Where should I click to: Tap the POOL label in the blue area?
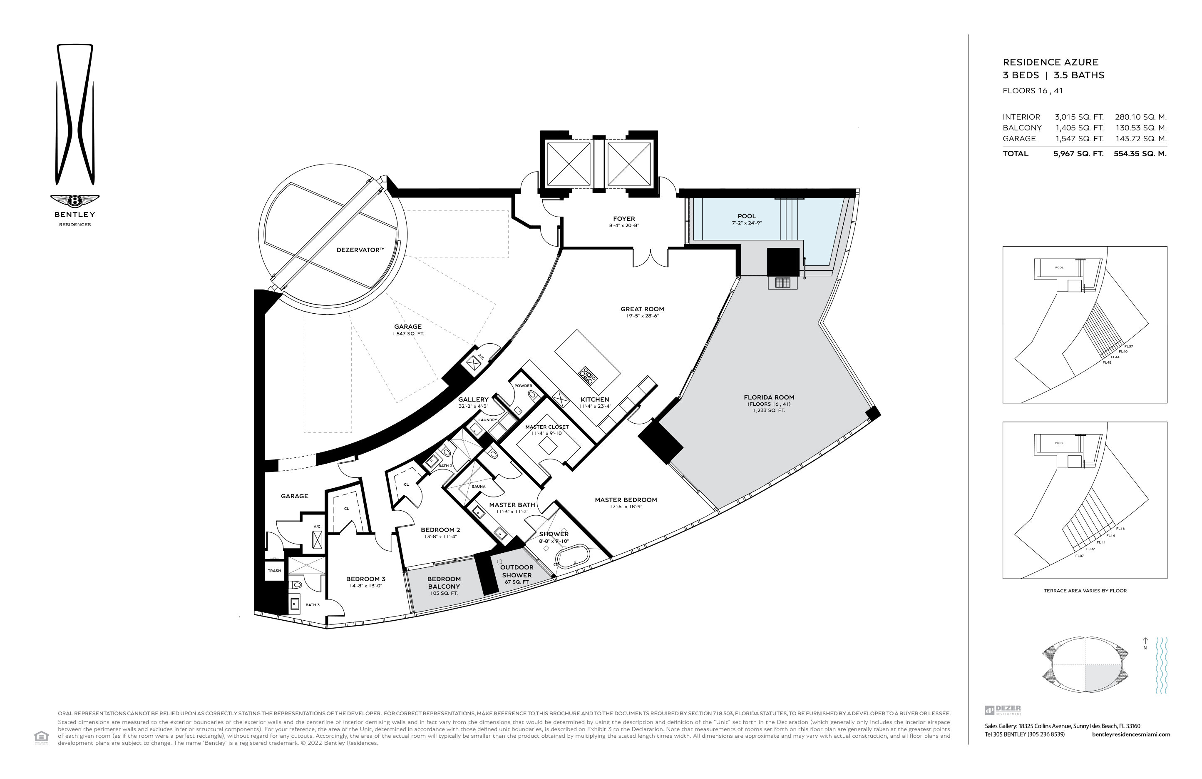click(746, 216)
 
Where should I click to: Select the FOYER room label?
click(624, 219)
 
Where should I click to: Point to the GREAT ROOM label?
click(642, 309)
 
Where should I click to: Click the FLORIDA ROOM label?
click(769, 397)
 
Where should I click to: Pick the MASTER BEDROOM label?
click(626, 500)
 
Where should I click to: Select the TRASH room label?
click(274, 571)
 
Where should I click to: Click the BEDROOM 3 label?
click(366, 579)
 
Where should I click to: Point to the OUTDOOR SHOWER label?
click(517, 571)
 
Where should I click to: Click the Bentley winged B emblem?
click(75, 201)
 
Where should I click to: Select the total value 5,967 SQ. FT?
click(1078, 154)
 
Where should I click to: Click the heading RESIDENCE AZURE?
click(1051, 62)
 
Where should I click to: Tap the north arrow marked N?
click(1145, 644)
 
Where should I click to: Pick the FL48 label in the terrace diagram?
click(1107, 362)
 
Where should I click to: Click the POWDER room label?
click(523, 386)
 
